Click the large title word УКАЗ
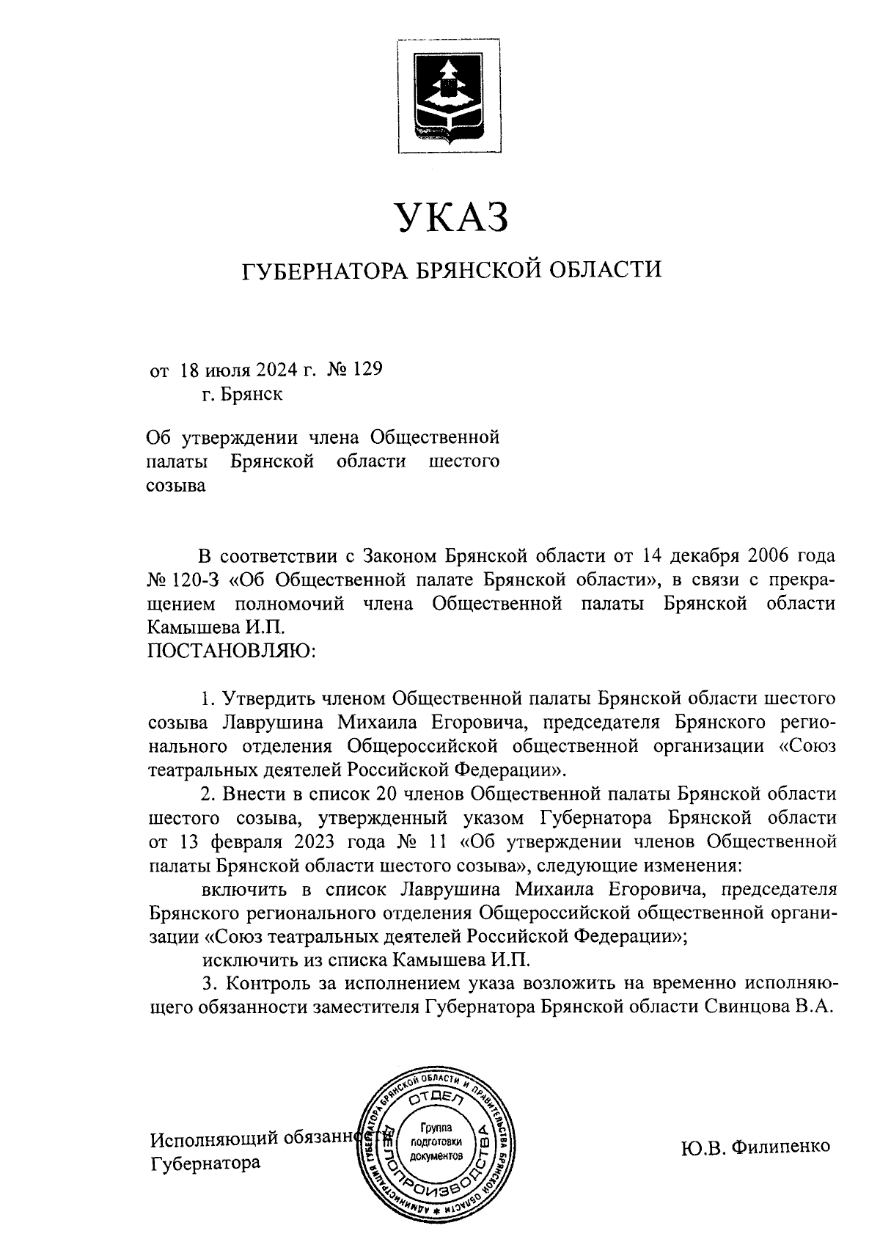click(451, 218)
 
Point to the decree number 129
click(368, 369)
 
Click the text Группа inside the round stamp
click(436, 1127)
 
